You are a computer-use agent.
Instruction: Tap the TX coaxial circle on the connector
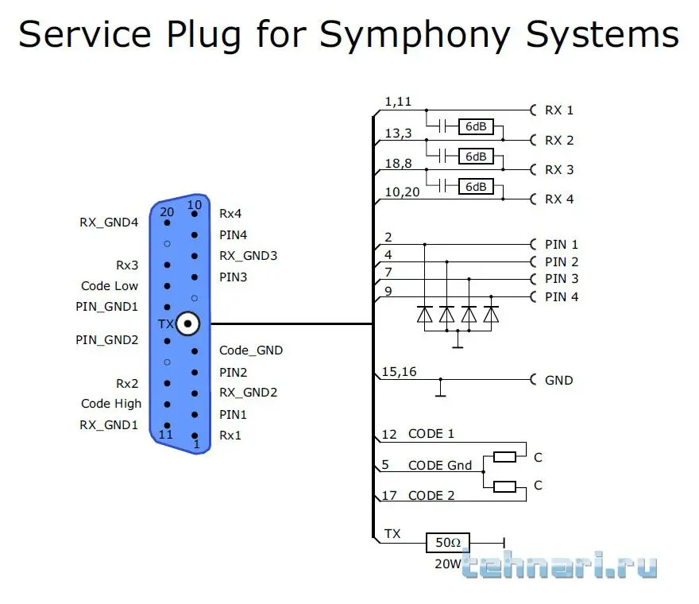pyautogui.click(x=188, y=323)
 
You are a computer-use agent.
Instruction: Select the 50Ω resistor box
pyautogui.click(x=448, y=543)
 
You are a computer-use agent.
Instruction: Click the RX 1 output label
pyautogui.click(x=558, y=110)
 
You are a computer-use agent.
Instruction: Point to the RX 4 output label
pyautogui.click(x=558, y=199)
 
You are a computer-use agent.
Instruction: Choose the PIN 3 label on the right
pyautogui.click(x=562, y=279)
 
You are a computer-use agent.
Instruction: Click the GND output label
pyautogui.click(x=558, y=380)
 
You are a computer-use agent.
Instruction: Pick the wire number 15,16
pyautogui.click(x=400, y=371)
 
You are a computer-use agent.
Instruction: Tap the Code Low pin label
pyautogui.click(x=110, y=286)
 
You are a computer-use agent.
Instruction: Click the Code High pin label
pyautogui.click(x=111, y=404)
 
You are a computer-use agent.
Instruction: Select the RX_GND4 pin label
pyautogui.click(x=109, y=223)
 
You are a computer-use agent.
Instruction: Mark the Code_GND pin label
pyautogui.click(x=251, y=350)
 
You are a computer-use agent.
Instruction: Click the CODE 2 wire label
pyautogui.click(x=431, y=496)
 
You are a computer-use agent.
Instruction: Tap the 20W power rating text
pyautogui.click(x=447, y=564)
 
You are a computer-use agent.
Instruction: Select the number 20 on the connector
pyautogui.click(x=167, y=211)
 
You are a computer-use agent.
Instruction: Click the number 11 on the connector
pyautogui.click(x=166, y=435)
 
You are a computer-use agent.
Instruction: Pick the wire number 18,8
pyautogui.click(x=398, y=162)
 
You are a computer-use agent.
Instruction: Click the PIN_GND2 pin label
pyautogui.click(x=107, y=340)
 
